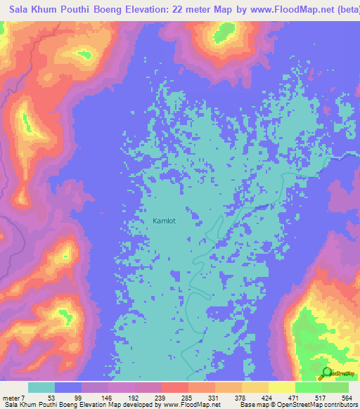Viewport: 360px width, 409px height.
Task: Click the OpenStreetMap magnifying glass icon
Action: click(326, 373)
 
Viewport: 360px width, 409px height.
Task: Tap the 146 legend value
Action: click(106, 397)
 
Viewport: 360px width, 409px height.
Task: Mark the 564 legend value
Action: click(347, 397)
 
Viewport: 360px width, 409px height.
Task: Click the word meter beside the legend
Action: click(11, 397)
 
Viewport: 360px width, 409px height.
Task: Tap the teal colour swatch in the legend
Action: click(41, 387)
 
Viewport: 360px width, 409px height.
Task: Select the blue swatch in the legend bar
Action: click(68, 387)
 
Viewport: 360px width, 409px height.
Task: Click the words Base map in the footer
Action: click(256, 405)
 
